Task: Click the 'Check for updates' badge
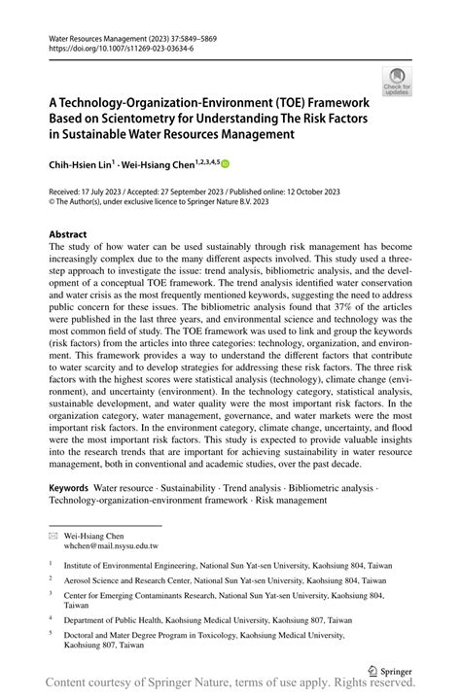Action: point(396,82)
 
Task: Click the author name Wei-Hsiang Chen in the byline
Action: point(160,165)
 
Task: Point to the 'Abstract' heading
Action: point(68,234)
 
